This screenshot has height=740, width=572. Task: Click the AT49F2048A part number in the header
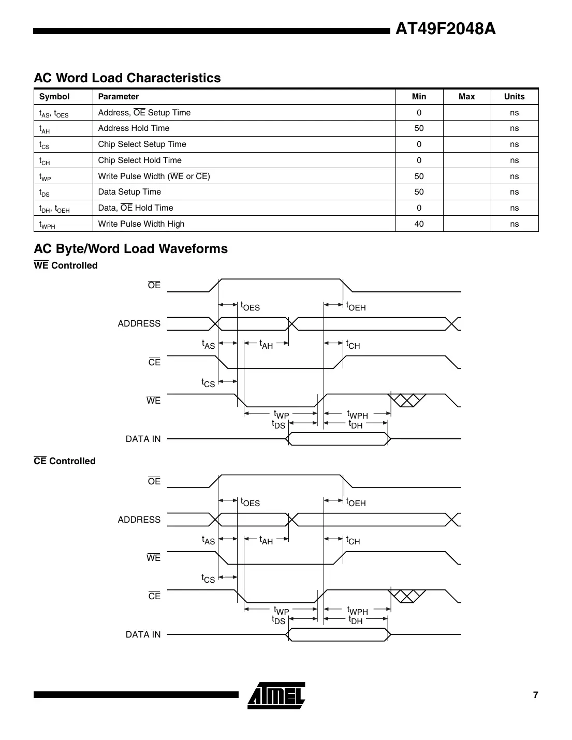tap(445, 29)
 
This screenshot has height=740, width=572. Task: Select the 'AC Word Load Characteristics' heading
tap(127, 78)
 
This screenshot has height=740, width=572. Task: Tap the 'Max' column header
tap(466, 97)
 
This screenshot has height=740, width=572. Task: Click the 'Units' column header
tap(514, 97)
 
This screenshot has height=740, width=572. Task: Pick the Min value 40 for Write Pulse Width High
tap(419, 224)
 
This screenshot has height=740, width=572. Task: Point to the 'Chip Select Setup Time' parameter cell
tap(142, 144)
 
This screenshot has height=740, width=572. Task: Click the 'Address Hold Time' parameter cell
tap(134, 128)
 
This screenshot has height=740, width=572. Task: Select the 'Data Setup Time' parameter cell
tap(129, 192)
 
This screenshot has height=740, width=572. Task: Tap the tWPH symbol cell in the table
tap(47, 225)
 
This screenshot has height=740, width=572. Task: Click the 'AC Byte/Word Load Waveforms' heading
tap(130, 249)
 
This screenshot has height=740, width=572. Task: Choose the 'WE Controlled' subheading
tap(66, 265)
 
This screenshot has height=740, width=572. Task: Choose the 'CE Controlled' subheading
tap(65, 461)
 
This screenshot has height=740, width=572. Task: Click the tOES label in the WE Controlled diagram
tap(251, 306)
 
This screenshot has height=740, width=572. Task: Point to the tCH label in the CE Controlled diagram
tap(353, 541)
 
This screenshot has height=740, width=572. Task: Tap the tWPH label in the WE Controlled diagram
tap(358, 415)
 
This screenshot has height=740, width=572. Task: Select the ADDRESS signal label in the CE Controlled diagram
tap(139, 520)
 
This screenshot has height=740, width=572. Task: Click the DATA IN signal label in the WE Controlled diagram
tap(143, 439)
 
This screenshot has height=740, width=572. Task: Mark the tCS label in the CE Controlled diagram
tap(208, 579)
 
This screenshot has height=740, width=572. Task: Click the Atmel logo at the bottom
tap(276, 695)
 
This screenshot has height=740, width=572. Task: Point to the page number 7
tap(535, 695)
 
